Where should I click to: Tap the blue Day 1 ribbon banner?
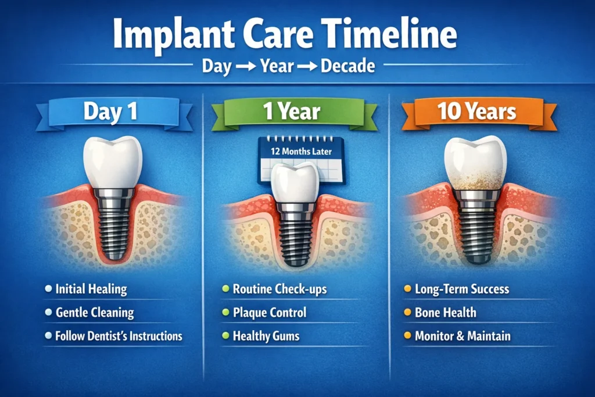click(110, 111)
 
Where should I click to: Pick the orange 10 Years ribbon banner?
click(477, 111)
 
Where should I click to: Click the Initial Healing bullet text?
click(91, 289)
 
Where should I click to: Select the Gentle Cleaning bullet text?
click(95, 312)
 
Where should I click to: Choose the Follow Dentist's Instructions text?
click(119, 336)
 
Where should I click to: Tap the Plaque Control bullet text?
click(269, 312)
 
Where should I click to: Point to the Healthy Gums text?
click(266, 336)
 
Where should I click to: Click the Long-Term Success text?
click(462, 289)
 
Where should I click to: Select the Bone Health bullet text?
click(445, 312)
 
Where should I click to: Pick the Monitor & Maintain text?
click(463, 336)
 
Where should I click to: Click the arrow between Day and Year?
click(245, 66)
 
